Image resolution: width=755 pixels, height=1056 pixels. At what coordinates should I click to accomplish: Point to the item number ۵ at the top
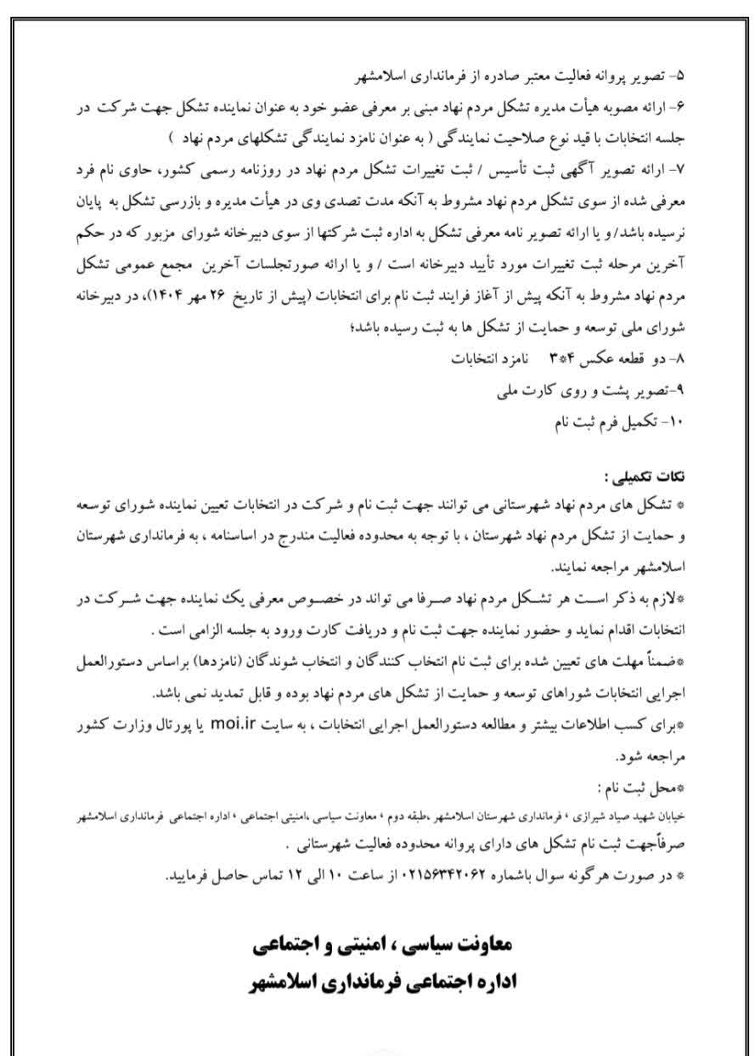click(x=678, y=76)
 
